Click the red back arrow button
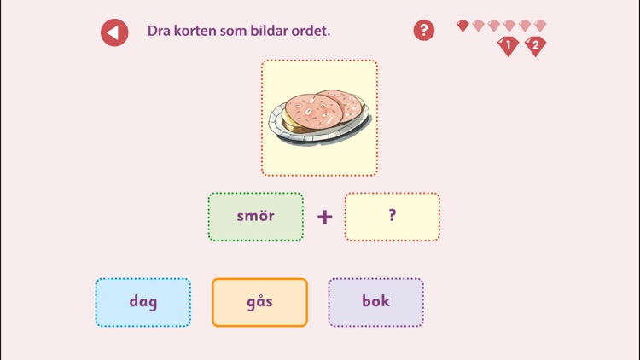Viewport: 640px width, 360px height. click(x=114, y=32)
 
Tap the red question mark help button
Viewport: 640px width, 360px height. click(x=423, y=31)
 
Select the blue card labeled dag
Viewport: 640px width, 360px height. click(x=143, y=302)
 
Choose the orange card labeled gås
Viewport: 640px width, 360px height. click(x=259, y=302)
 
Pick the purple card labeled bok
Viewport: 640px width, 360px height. click(x=375, y=302)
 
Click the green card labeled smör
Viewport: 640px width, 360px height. click(x=256, y=217)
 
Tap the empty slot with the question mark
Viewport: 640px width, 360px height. click(x=393, y=217)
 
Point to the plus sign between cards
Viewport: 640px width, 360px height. click(x=324, y=217)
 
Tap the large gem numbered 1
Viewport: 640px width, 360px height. click(x=509, y=45)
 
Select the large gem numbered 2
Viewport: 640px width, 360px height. click(x=536, y=45)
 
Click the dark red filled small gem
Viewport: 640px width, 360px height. click(x=463, y=26)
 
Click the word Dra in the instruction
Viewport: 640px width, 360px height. click(x=159, y=31)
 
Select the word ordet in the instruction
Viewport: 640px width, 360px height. click(x=312, y=31)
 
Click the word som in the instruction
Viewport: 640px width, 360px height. click(x=236, y=31)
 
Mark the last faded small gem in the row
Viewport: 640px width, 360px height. click(x=540, y=26)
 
